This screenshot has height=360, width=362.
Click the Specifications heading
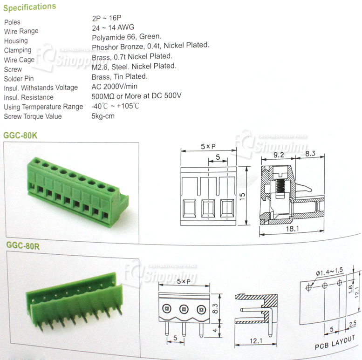pyautogui.click(x=29, y=7)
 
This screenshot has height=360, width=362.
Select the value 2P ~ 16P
pyautogui.click(x=107, y=18)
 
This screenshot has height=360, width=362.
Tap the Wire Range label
pyautogui.click(x=21, y=31)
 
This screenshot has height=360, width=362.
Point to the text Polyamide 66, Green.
pyautogui.click(x=127, y=37)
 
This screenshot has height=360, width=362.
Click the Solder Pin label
pyautogui.click(x=19, y=79)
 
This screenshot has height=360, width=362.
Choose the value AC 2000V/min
pyautogui.click(x=114, y=87)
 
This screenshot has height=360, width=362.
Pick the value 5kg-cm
pyautogui.click(x=103, y=116)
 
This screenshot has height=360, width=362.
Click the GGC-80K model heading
pyautogui.click(x=20, y=135)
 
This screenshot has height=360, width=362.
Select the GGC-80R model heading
pyautogui.click(x=23, y=246)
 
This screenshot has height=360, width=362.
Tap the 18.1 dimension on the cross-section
pyautogui.click(x=293, y=229)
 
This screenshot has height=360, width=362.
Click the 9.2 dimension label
pyautogui.click(x=279, y=155)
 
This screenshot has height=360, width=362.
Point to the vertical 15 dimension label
pyautogui.click(x=242, y=196)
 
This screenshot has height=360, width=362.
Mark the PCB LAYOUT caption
pyautogui.click(x=335, y=342)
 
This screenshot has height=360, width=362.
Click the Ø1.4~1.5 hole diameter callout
pyautogui.click(x=329, y=272)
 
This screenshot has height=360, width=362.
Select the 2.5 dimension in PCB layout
pyautogui.click(x=353, y=324)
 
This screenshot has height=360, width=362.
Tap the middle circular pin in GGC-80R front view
pyautogui.click(x=184, y=309)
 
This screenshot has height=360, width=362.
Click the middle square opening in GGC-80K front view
pyautogui.click(x=208, y=209)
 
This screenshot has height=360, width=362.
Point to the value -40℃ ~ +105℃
pyautogui.click(x=116, y=106)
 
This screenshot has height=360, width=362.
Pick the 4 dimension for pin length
pyautogui.click(x=215, y=330)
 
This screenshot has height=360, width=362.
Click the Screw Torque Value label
pyautogui.click(x=33, y=116)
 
